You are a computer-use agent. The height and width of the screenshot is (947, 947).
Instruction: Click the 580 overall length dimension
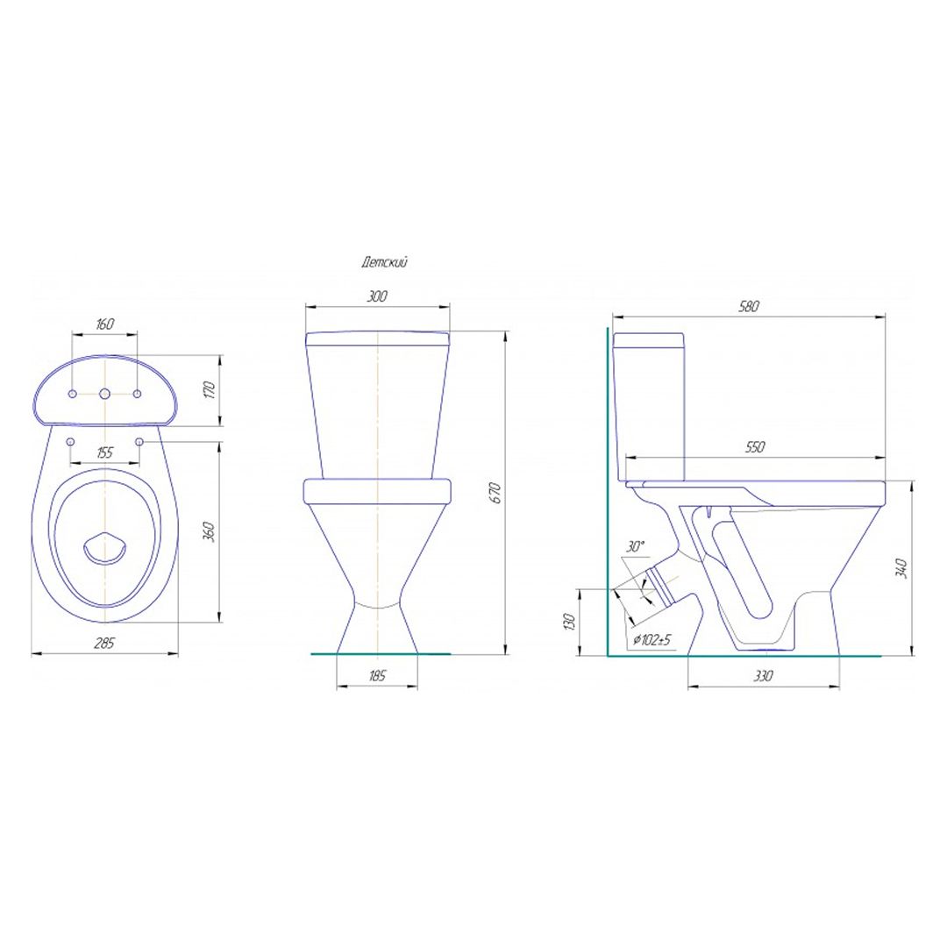pyautogui.click(x=748, y=306)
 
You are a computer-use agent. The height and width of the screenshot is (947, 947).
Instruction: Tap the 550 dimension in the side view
pyautogui.click(x=755, y=446)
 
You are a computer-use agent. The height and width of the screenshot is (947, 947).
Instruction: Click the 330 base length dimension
pyautogui.click(x=764, y=676)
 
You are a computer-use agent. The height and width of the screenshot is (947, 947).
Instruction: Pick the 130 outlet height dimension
pyautogui.click(x=568, y=622)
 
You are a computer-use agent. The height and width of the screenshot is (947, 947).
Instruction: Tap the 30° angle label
pyautogui.click(x=636, y=547)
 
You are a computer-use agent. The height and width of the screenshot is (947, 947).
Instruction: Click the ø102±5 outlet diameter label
pyautogui.click(x=652, y=639)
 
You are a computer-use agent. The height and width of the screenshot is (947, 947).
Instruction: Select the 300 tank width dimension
pyautogui.click(x=377, y=296)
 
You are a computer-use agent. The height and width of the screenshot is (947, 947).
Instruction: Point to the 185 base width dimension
pyautogui.click(x=376, y=675)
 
